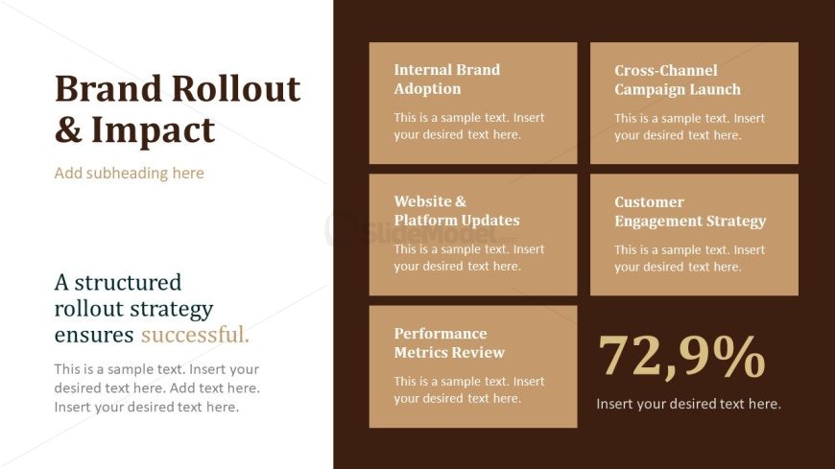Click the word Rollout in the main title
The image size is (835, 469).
236,88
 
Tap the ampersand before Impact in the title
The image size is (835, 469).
69,129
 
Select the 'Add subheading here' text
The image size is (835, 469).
129,173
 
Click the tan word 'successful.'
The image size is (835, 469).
195,335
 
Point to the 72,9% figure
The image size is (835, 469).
681,357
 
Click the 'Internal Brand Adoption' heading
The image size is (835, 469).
447,80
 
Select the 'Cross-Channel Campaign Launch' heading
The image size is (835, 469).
678,80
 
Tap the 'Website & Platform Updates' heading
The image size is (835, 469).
457,211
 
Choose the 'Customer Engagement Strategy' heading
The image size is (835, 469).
690,212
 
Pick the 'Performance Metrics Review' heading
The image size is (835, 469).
449,342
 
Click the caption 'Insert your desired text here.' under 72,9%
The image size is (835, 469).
688,404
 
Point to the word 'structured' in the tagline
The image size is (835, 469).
128,283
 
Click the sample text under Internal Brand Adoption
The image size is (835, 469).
469,127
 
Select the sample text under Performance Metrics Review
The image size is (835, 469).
469,389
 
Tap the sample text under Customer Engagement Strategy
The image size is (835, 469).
690,258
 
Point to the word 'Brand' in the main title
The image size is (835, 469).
108,88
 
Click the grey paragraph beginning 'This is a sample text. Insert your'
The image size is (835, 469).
157,388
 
